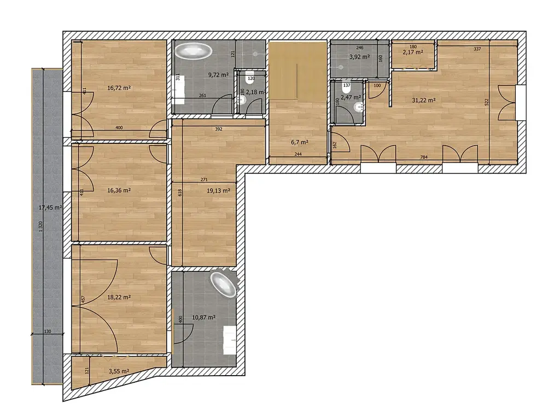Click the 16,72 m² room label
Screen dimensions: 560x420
119,88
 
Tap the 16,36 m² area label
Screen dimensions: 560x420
119,190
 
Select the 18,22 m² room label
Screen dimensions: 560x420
119,297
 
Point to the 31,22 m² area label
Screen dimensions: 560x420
424,101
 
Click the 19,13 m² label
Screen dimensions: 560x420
218,191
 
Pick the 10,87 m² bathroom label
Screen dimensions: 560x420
203,317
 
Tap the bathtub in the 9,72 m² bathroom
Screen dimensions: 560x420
193,51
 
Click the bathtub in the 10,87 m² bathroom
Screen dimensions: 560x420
224,285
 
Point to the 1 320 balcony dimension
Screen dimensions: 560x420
40,227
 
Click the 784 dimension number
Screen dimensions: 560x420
424,157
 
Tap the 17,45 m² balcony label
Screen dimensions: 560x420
50,207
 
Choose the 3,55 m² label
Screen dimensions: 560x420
119,371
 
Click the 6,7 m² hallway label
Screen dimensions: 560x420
300,142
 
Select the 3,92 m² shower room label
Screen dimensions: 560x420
359,56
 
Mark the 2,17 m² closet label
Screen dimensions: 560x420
413,52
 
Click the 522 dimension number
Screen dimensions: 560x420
486,102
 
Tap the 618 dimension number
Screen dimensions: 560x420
180,192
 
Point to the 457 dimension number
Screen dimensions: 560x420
83,299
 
